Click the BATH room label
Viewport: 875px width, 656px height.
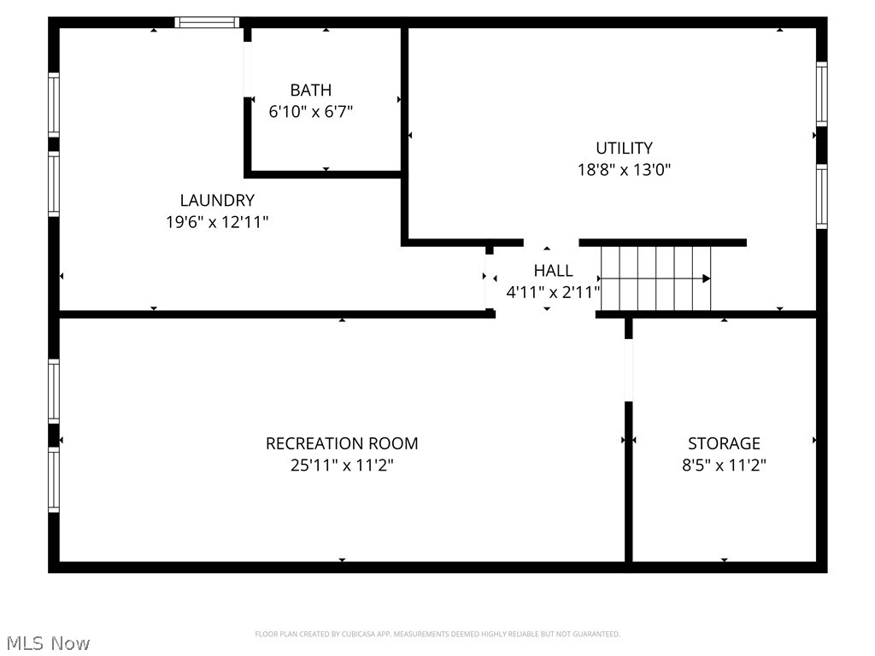pos(310,90)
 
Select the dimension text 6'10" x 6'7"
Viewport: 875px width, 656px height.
pos(310,111)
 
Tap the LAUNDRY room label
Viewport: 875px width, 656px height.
pos(217,201)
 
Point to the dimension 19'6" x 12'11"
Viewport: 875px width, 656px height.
pos(217,222)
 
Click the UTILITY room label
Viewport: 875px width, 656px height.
pos(624,148)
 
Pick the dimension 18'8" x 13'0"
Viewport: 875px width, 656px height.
pos(624,169)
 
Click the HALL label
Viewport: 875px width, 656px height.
pos(553,271)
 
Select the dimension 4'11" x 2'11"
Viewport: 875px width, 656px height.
pos(553,292)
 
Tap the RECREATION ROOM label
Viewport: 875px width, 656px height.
pos(342,443)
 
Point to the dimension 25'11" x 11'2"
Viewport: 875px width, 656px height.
pos(342,466)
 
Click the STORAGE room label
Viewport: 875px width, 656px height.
pos(724,443)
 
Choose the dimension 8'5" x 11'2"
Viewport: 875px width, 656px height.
pos(724,466)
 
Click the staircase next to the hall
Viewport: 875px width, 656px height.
pos(656,278)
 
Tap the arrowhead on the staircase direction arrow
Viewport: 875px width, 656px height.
pos(706,278)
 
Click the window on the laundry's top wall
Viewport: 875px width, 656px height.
pos(207,22)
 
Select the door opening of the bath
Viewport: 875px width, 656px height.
pos(248,69)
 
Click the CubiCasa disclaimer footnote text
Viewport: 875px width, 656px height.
pos(437,634)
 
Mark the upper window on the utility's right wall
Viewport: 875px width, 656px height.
pos(821,94)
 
